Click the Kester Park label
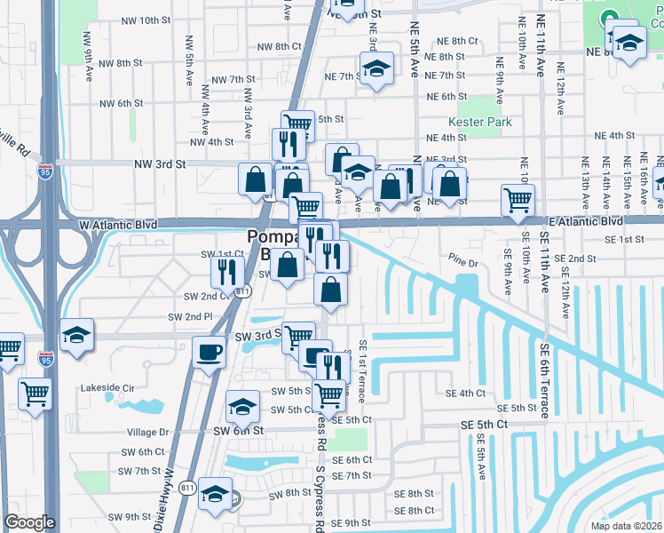click(x=475, y=122)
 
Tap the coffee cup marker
click(x=209, y=351)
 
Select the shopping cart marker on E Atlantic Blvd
click(x=518, y=199)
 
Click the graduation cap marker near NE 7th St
click(x=376, y=68)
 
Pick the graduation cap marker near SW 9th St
click(x=215, y=494)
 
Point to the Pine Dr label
click(x=463, y=264)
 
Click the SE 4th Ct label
click(x=466, y=393)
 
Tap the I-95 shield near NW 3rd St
click(x=43, y=170)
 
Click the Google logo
click(x=29, y=522)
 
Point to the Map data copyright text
click(x=626, y=526)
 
